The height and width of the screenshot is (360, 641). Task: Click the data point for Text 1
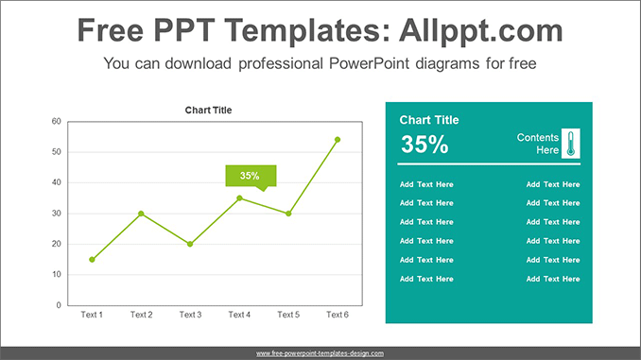click(92, 259)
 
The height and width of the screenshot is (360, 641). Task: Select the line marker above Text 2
click(141, 214)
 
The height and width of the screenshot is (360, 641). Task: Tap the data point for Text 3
click(190, 244)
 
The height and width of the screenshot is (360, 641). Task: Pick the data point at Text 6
click(338, 140)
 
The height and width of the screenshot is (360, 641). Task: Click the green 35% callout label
click(250, 176)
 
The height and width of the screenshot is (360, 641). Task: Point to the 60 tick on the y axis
click(57, 121)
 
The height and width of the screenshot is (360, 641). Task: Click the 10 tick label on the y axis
click(57, 275)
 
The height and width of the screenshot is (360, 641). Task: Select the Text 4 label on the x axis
click(239, 315)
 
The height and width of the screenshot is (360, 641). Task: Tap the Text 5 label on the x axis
click(288, 315)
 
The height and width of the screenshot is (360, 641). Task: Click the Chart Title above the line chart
click(208, 111)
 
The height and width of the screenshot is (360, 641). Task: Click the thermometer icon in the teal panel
click(570, 144)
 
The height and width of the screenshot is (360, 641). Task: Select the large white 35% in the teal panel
click(424, 145)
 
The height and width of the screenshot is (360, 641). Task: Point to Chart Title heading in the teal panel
click(429, 120)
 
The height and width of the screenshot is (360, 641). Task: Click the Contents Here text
click(538, 144)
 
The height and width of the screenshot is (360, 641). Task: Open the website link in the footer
click(320, 353)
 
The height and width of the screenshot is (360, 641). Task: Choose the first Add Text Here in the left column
click(426, 184)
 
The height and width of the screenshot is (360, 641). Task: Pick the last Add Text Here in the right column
click(553, 279)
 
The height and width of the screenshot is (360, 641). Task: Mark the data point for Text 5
click(288, 214)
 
